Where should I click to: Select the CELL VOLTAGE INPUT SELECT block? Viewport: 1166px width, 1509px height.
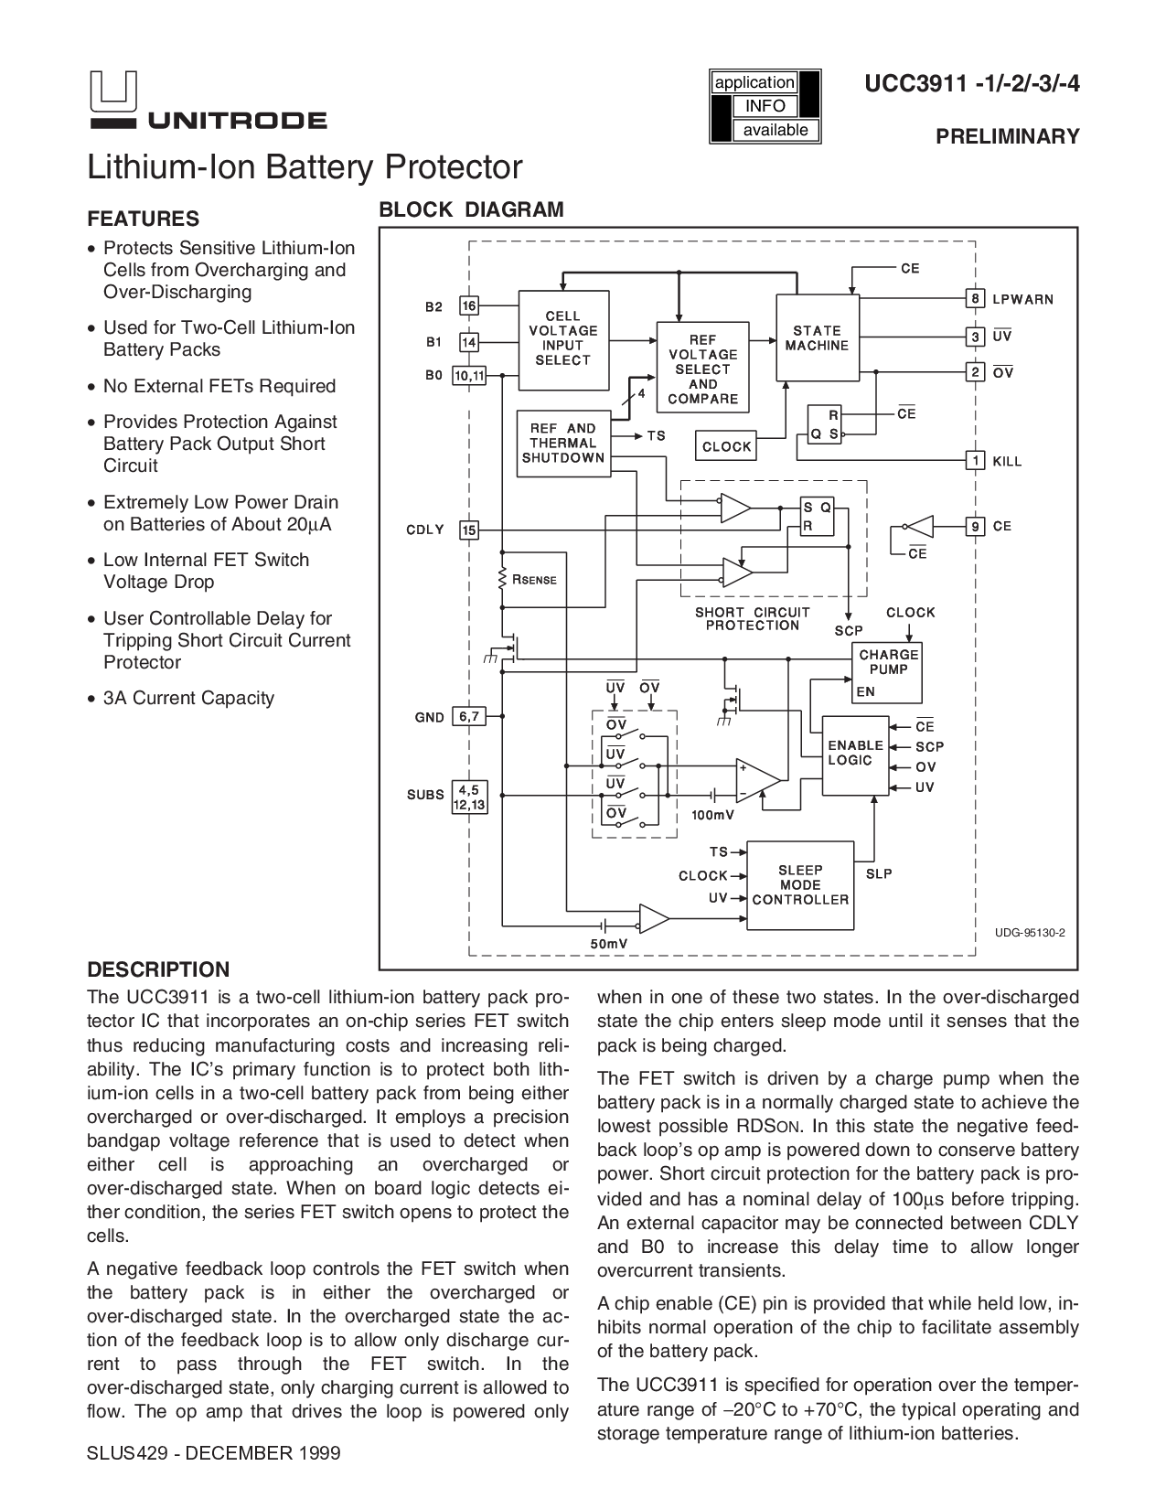coord(562,339)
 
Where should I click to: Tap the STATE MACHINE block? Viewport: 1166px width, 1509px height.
coord(817,337)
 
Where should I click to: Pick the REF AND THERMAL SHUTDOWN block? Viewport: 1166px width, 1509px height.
coord(563,444)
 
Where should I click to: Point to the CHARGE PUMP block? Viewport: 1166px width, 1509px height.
coord(888,671)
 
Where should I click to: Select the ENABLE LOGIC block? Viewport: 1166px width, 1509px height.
coord(855,754)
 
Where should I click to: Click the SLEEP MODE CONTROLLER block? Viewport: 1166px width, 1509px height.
coord(800,885)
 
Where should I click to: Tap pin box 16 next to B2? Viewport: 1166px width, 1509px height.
coord(469,306)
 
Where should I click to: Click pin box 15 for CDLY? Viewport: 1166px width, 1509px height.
coord(469,530)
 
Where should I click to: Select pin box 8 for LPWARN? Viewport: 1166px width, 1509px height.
coord(977,299)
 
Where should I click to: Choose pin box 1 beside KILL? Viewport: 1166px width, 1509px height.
coord(977,461)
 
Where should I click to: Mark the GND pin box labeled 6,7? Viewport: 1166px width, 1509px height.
coord(468,717)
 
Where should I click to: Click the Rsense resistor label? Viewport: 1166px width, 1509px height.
coord(534,580)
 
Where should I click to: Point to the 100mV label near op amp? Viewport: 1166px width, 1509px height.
coord(713,815)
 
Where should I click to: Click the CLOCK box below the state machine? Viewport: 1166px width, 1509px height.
coord(726,446)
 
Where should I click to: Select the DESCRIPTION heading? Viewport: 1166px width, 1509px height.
coord(157,969)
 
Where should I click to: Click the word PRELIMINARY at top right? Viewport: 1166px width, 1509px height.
coord(1007,136)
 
